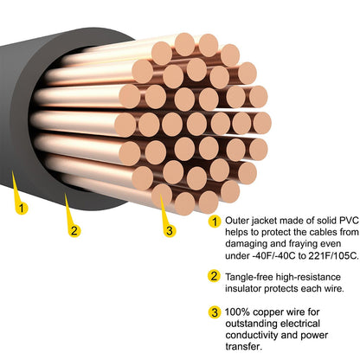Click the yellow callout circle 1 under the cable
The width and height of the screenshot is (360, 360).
tap(22, 208)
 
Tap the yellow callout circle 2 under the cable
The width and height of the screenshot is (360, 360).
tap(74, 231)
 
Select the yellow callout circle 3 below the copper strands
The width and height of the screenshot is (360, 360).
tap(170, 231)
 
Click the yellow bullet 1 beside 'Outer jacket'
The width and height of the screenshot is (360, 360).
tap(215, 222)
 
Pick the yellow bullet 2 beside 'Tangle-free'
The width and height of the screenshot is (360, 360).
tap(214, 276)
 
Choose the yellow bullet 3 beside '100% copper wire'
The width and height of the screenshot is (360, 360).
tap(215, 312)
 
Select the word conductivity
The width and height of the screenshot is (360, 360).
tap(251, 335)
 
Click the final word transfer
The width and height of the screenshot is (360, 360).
tap(244, 346)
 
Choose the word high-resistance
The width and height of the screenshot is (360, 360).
tap(308, 277)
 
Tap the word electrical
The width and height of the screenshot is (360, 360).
tap(300, 324)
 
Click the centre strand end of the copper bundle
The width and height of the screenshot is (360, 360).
tap(196, 124)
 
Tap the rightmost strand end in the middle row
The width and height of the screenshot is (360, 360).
tap(262, 124)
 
